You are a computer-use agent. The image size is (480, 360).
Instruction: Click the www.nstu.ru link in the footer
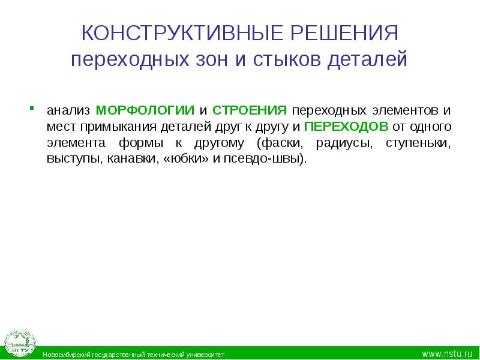[448, 354]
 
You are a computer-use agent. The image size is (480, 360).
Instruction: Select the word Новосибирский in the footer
[67, 355]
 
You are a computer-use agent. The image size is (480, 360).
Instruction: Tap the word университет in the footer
[204, 355]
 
